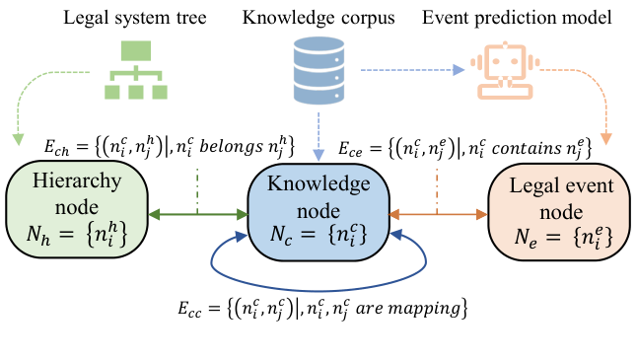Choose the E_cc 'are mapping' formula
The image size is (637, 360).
pos(318,308)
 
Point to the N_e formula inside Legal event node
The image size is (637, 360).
pos(555,237)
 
